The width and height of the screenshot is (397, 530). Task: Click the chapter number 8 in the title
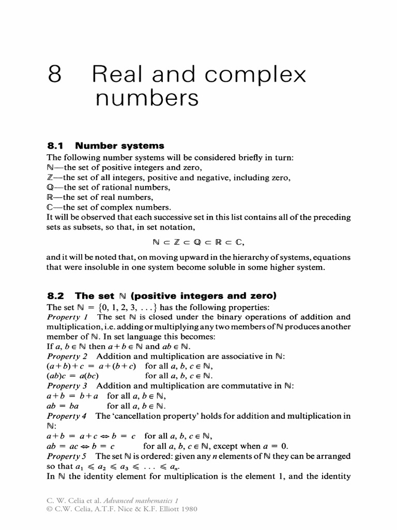(x=55, y=76)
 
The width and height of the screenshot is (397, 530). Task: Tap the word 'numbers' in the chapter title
(x=147, y=98)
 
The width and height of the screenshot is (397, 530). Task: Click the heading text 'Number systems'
(x=120, y=146)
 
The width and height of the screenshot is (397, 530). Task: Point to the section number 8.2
(x=55, y=296)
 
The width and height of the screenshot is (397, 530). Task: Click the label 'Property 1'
(x=68, y=317)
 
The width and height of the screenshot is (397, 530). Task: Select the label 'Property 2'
(x=68, y=357)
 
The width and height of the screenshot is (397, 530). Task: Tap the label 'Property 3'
(x=68, y=386)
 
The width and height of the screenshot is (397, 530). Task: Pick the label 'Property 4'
(x=68, y=416)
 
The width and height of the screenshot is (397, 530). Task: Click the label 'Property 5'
(x=68, y=456)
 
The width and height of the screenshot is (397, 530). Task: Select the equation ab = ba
(x=66, y=406)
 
